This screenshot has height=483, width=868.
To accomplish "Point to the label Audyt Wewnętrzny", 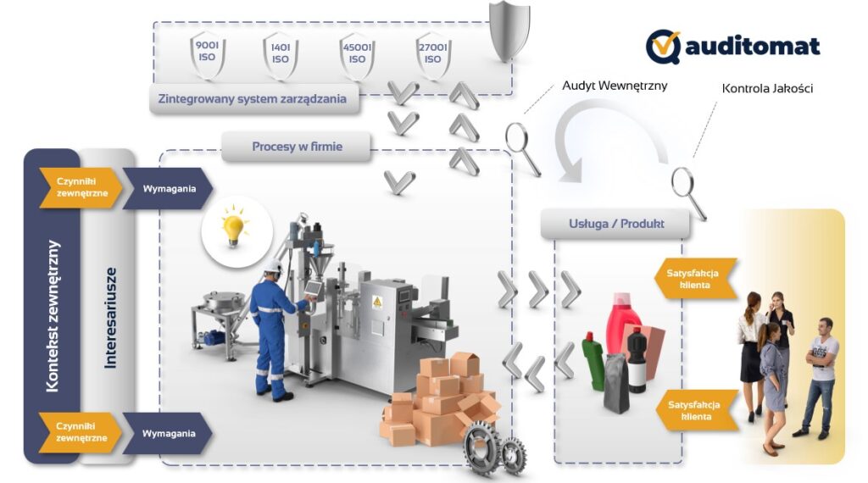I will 604,86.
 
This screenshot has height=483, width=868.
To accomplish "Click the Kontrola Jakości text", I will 767,88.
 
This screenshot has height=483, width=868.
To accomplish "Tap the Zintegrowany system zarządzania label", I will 252,98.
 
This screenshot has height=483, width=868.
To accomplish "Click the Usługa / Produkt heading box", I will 615,224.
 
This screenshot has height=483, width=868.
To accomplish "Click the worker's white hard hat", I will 272,265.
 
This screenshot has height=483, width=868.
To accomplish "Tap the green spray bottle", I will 593,360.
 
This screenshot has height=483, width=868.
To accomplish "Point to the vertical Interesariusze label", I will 109,318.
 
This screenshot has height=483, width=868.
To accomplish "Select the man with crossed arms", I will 821,373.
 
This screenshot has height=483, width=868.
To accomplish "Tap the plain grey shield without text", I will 509,32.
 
